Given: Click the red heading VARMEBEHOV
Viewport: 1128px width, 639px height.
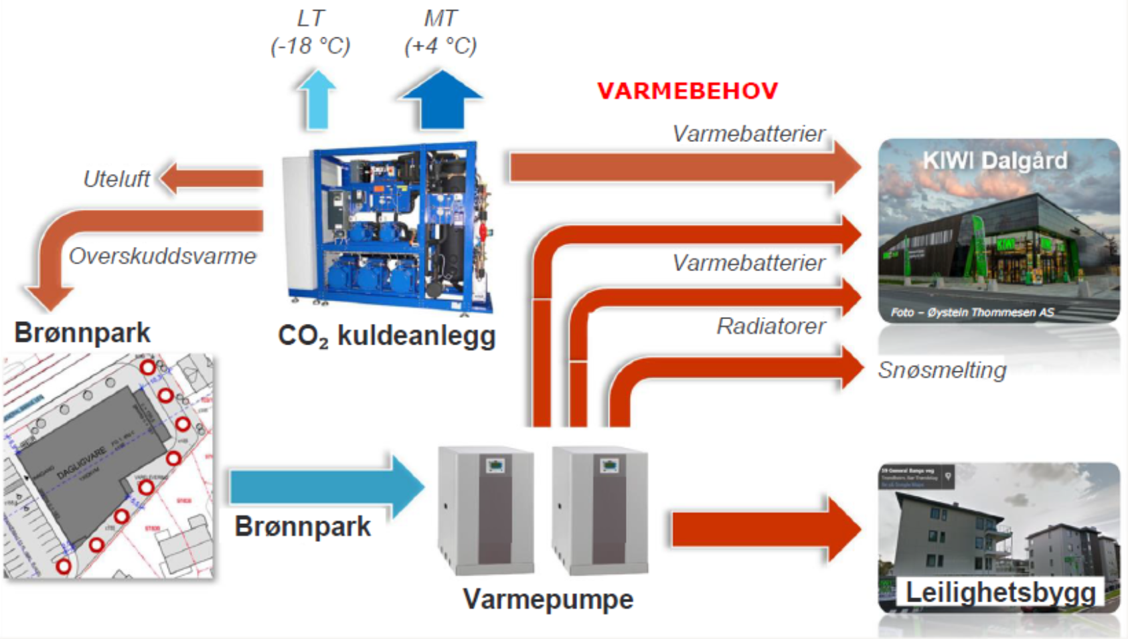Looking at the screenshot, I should (x=688, y=91).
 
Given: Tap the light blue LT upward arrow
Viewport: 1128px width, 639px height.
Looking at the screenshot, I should (x=317, y=100).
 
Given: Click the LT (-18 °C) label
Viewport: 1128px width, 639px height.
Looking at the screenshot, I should (x=310, y=32).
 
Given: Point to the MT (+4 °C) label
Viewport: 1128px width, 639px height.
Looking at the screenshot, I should (x=440, y=32).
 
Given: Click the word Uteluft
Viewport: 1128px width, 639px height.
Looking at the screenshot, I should (x=116, y=179).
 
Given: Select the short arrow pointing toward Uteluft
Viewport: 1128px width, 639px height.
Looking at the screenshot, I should (x=211, y=178).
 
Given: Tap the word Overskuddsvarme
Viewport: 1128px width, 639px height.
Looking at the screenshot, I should (x=163, y=256).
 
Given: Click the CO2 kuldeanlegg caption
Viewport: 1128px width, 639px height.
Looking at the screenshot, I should (x=386, y=336).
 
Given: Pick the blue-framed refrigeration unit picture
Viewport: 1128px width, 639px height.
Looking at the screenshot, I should (x=388, y=227).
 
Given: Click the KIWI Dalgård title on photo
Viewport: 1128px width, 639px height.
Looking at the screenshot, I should (x=995, y=161).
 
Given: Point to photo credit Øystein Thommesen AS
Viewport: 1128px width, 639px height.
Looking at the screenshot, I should (x=972, y=312).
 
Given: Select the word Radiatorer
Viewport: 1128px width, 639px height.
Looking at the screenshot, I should (x=771, y=327).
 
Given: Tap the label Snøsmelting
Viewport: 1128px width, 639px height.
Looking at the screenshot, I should (x=942, y=370).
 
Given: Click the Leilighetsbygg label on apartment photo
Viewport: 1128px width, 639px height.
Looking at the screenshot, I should (x=1000, y=593).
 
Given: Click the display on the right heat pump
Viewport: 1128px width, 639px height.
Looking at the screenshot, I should (x=609, y=465).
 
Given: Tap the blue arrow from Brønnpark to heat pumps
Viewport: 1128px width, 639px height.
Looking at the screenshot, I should (x=325, y=487).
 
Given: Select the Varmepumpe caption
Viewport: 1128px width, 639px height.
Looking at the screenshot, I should (x=548, y=600).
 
